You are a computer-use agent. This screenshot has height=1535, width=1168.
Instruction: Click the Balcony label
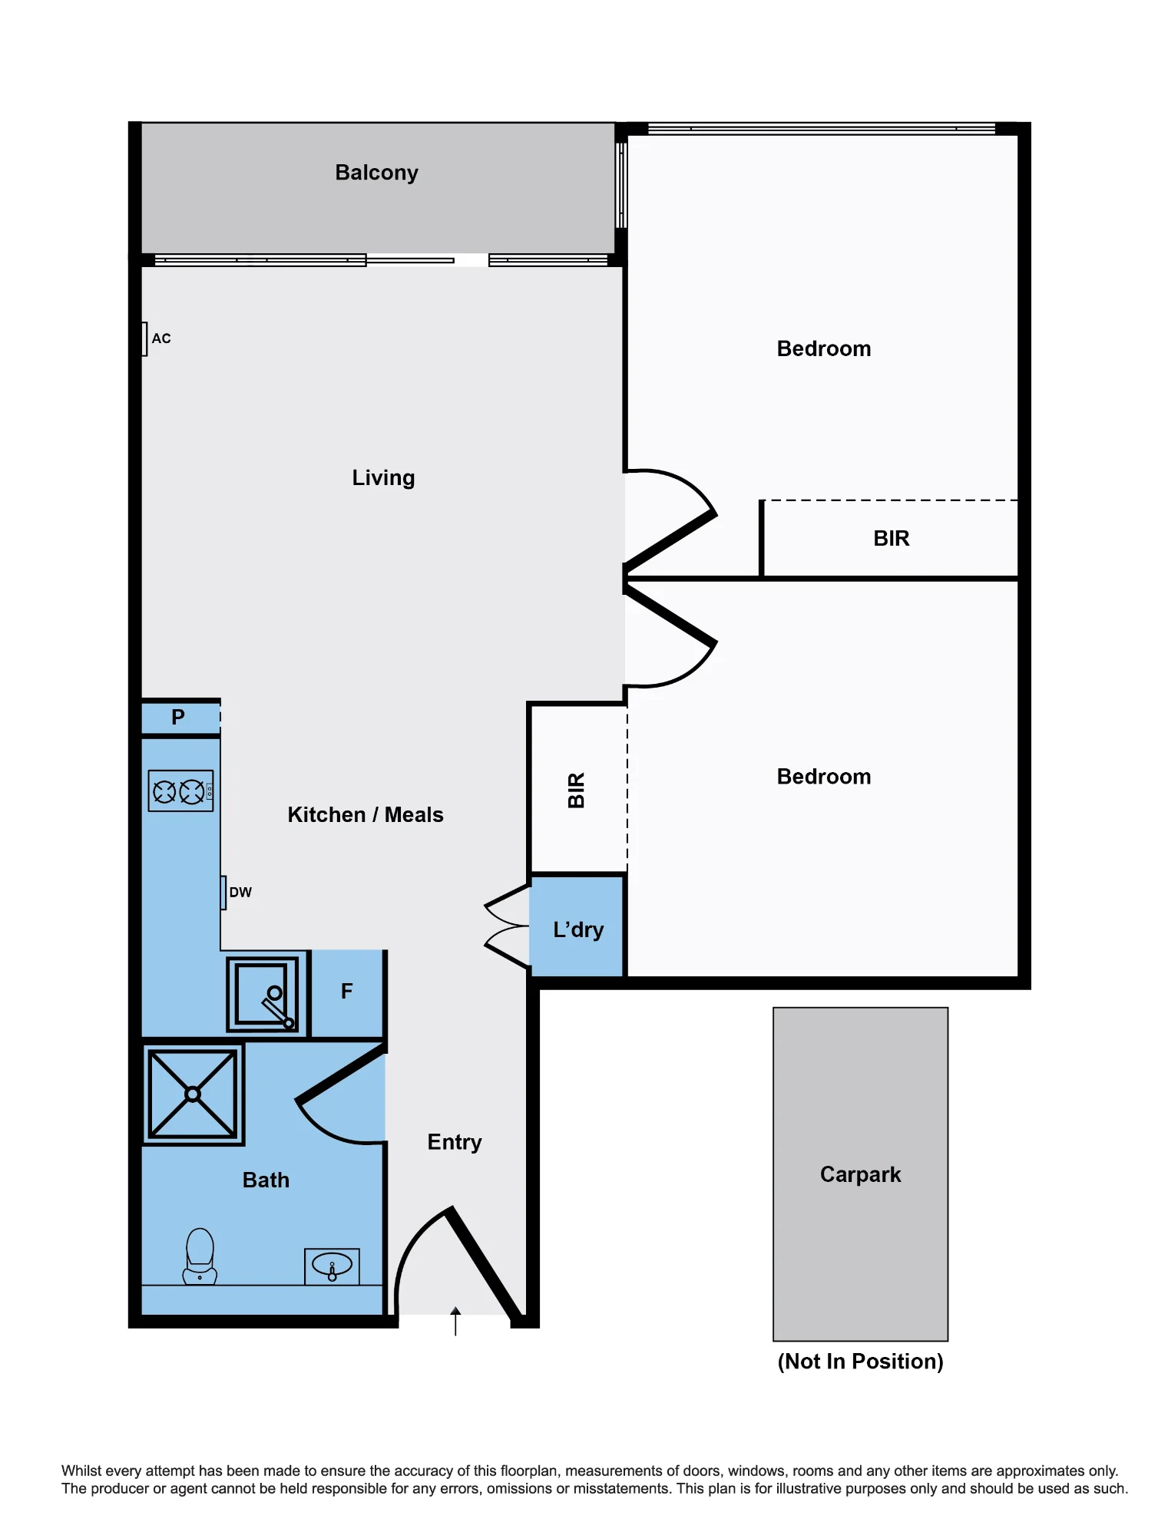(376, 173)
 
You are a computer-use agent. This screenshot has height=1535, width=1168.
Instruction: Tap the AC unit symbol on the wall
(144, 338)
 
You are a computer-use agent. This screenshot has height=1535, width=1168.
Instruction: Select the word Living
(383, 478)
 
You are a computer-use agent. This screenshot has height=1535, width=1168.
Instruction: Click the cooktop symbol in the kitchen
(180, 791)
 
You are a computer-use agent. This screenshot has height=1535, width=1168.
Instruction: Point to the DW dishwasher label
(240, 893)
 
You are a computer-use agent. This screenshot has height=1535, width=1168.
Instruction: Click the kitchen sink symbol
(263, 994)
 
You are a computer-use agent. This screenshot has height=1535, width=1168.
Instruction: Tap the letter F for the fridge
(347, 992)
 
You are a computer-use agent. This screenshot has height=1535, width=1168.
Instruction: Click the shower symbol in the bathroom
(193, 1094)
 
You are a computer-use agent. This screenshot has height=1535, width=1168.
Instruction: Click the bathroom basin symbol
(332, 1266)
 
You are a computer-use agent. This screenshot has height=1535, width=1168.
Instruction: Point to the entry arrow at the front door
(455, 1321)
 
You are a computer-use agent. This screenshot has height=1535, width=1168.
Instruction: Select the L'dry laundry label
(578, 930)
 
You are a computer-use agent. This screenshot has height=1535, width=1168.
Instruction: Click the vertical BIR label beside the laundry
(577, 791)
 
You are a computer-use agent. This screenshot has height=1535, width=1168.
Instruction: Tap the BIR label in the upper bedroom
(892, 539)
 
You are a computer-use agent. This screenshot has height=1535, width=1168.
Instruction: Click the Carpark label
(860, 1174)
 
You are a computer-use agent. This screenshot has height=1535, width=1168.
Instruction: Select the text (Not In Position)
(860, 1362)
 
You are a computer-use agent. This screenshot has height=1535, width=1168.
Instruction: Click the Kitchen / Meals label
(366, 815)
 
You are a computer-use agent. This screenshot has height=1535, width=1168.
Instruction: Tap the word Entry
(455, 1142)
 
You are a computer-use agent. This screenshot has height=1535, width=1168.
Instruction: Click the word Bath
(266, 1180)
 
